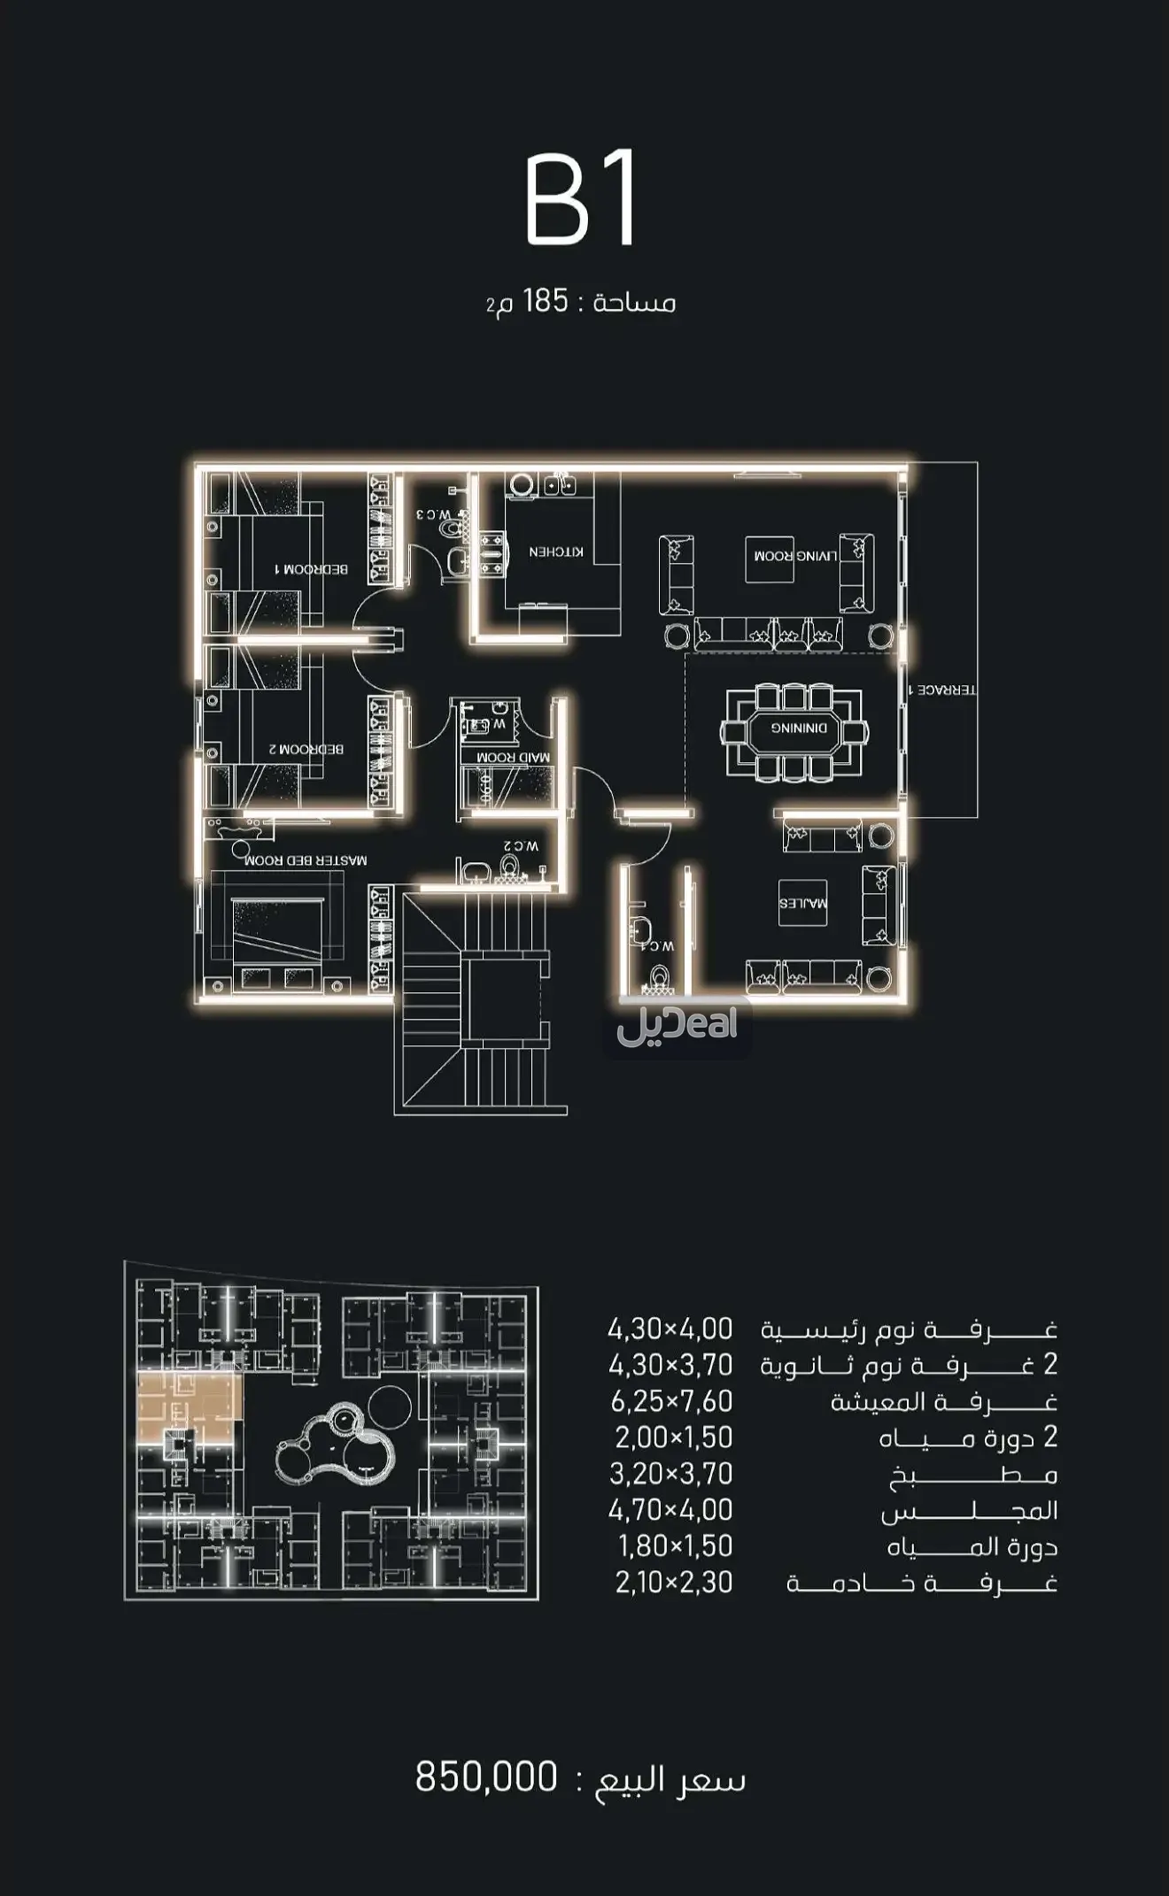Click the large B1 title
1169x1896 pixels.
point(581,201)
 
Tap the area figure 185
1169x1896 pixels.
point(545,302)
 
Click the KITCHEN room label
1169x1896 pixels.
point(556,551)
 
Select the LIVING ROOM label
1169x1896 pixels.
point(795,556)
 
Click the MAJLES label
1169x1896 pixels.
point(802,904)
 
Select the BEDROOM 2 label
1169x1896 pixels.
point(306,749)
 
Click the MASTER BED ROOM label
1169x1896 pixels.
point(306,859)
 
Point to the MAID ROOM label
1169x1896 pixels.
point(513,758)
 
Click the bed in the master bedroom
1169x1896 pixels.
point(277,929)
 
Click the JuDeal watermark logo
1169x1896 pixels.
point(677,1025)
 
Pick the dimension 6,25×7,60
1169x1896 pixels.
point(671,1402)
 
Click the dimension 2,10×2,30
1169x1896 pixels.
point(674,1583)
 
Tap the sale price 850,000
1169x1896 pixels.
point(486,1777)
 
